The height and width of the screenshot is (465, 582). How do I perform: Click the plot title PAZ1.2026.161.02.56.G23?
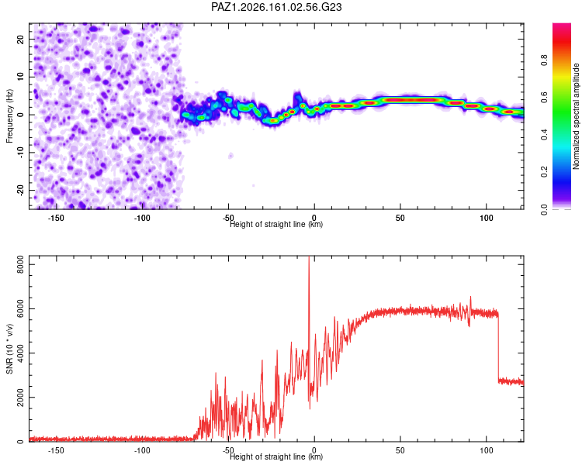click(276, 7)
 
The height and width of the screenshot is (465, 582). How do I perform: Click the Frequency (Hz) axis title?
click(9, 116)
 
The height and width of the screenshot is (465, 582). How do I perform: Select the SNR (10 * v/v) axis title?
click(9, 349)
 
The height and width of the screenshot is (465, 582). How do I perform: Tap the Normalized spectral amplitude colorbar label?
click(576, 115)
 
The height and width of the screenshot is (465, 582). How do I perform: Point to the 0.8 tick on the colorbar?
click(544, 60)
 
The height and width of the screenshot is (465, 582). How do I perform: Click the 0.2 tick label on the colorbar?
click(544, 172)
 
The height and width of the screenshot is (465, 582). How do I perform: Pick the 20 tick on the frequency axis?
click(21, 40)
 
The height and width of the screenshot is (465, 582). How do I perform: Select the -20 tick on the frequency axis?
click(21, 191)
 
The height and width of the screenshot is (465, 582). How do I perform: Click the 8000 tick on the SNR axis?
click(21, 264)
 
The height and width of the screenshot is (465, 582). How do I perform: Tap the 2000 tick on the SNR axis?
click(21, 397)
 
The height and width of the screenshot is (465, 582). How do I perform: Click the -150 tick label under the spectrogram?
click(56, 218)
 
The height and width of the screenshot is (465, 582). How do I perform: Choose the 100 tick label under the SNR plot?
click(487, 450)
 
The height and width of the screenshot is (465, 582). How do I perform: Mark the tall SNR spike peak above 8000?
click(309, 257)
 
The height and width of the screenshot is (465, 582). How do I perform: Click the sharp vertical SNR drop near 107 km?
click(498, 347)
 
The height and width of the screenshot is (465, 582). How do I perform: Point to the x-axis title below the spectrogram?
click(276, 224)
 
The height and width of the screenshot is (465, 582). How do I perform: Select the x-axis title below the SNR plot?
click(276, 456)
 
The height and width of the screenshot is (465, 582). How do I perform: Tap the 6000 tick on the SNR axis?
click(21, 308)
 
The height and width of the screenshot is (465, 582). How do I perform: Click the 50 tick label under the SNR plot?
click(400, 450)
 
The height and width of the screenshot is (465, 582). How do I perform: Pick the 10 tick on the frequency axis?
click(21, 77)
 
